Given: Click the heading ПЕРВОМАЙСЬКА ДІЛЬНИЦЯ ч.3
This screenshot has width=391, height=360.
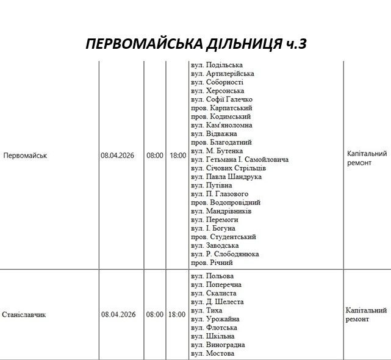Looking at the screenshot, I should coord(195,45).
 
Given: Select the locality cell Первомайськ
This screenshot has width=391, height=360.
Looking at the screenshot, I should coord(25,156).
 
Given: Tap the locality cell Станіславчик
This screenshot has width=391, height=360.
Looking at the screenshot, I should coord(24,315).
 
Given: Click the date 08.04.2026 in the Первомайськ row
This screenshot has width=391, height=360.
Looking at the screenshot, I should coord(118,156).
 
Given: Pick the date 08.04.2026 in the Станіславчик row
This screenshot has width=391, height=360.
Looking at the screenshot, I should coord(118,315).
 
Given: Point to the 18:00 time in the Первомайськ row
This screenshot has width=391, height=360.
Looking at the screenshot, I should coord(178,156).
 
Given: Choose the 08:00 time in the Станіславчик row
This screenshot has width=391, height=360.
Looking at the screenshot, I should coord(155,315).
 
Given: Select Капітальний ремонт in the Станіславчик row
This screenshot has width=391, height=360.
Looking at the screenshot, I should coord(365,315).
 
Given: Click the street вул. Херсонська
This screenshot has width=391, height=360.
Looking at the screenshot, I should coord(217,91).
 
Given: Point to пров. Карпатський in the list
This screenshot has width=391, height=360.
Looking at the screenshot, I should coord(220,108).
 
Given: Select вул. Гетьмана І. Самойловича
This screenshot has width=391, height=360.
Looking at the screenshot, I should coord(239,160).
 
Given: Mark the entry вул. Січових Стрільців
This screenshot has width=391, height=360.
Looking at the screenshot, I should coord(228,168).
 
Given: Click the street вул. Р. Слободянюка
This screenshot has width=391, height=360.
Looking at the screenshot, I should coord(224,254).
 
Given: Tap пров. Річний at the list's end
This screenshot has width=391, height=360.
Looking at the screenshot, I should coord(212,263).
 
